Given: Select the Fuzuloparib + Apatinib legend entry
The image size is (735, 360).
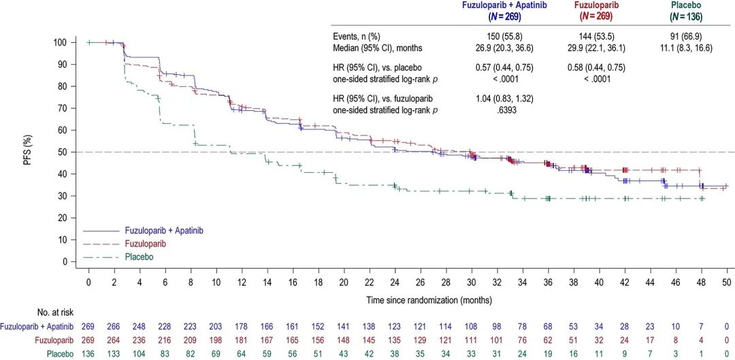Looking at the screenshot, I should (163, 231).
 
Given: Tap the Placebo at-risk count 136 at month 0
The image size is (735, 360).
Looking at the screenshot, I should (88, 353).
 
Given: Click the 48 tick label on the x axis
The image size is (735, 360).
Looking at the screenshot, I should (700, 282).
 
